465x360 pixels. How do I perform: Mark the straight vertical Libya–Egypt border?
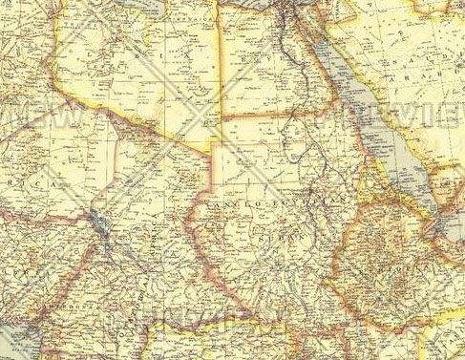coord(222,76)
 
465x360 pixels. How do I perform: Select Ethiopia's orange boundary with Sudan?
coord(358,229)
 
